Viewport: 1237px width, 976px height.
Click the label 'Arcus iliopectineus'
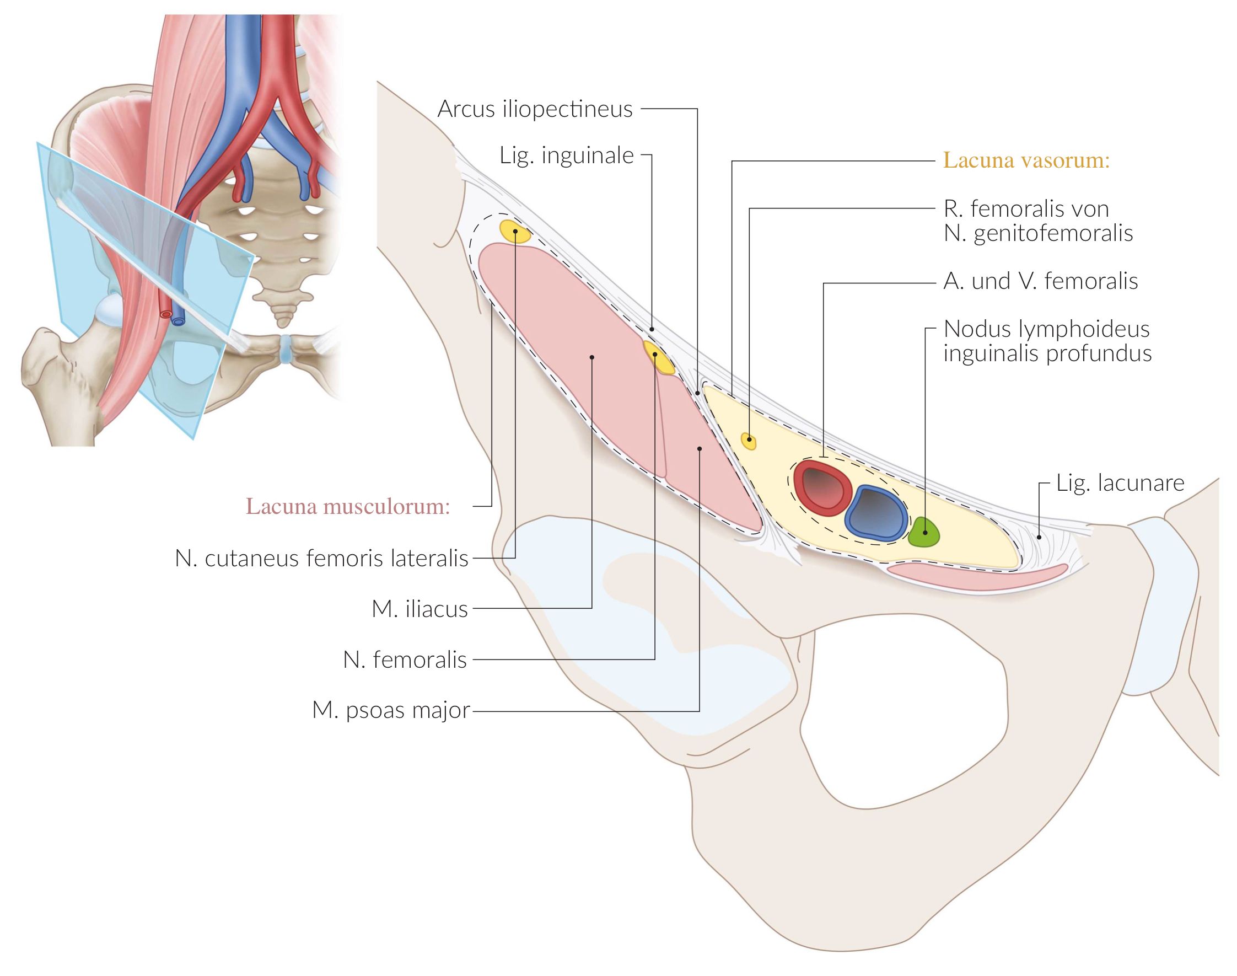535,109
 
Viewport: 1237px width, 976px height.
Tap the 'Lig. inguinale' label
566,155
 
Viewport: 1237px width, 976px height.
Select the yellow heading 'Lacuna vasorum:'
1026,160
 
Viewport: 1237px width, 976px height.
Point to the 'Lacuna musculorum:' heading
348,506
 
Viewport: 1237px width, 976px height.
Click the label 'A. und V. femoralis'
1040,281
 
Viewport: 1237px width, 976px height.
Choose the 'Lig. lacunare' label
1120,483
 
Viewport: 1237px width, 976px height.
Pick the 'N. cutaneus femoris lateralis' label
321,558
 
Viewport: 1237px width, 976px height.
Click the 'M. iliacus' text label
419,609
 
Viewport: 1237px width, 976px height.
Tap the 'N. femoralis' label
405,660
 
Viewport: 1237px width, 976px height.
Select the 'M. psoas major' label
391,710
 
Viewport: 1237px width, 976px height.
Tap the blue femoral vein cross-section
875,513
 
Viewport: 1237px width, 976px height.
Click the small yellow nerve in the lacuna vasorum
749,441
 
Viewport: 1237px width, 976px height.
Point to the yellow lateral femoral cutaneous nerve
515,231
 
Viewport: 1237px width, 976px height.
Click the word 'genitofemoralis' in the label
1052,233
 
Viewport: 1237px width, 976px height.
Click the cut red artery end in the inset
165,314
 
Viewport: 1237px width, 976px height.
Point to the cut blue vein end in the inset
179,321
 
